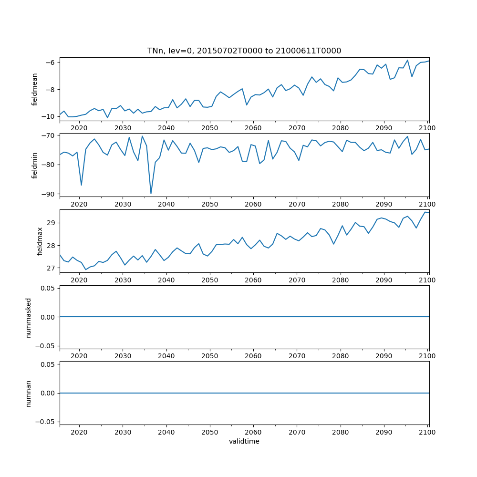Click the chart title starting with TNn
tap(244, 51)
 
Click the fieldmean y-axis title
tap(34, 89)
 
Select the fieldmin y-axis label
tap(34, 165)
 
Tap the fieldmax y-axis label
tap(40, 241)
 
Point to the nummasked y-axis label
tap(29, 317)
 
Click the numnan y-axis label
tap(29, 393)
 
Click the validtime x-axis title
tap(244, 442)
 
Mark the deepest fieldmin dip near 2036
tap(151, 194)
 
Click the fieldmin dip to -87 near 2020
tap(81, 185)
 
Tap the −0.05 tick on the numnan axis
tap(48, 422)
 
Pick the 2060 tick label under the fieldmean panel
tap(253, 128)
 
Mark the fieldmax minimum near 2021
tap(86, 270)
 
